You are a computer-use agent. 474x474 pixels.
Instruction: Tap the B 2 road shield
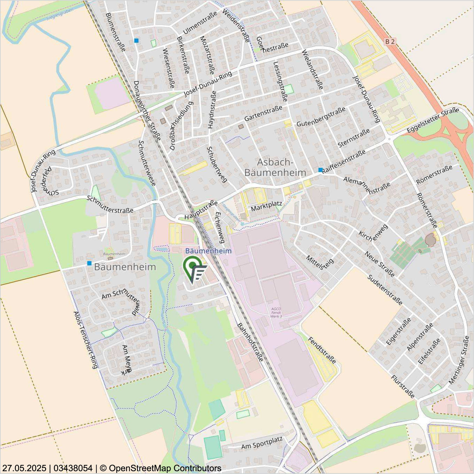pyautogui.click(x=390, y=42)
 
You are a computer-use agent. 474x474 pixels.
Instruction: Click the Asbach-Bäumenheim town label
pyautogui.click(x=275, y=167)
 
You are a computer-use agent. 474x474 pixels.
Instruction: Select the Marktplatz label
pyautogui.click(x=266, y=206)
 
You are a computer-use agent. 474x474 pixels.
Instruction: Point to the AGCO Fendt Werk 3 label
pyautogui.click(x=276, y=312)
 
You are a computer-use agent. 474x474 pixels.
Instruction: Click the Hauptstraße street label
pyautogui.click(x=201, y=210)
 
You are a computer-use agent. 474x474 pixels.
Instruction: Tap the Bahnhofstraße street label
pyautogui.click(x=250, y=342)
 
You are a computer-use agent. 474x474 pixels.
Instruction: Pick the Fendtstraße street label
pyautogui.click(x=322, y=350)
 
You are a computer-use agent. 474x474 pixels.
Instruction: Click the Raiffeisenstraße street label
pyautogui.click(x=344, y=161)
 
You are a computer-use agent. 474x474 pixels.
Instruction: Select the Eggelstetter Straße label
pyautogui.click(x=433, y=120)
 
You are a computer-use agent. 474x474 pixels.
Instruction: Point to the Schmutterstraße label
pyautogui.click(x=110, y=205)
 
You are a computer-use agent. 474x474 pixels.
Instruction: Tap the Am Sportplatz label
pyautogui.click(x=262, y=443)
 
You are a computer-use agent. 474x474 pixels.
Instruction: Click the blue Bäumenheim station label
pyautogui.click(x=208, y=251)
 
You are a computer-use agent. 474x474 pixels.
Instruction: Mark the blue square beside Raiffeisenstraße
pyautogui.click(x=320, y=170)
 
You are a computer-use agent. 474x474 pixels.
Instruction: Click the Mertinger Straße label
pyautogui.click(x=459, y=360)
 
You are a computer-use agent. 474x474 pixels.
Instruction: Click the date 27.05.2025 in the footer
pyautogui.click(x=24, y=468)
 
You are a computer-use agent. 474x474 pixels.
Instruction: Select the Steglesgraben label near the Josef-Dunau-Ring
pyautogui.click(x=60, y=14)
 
